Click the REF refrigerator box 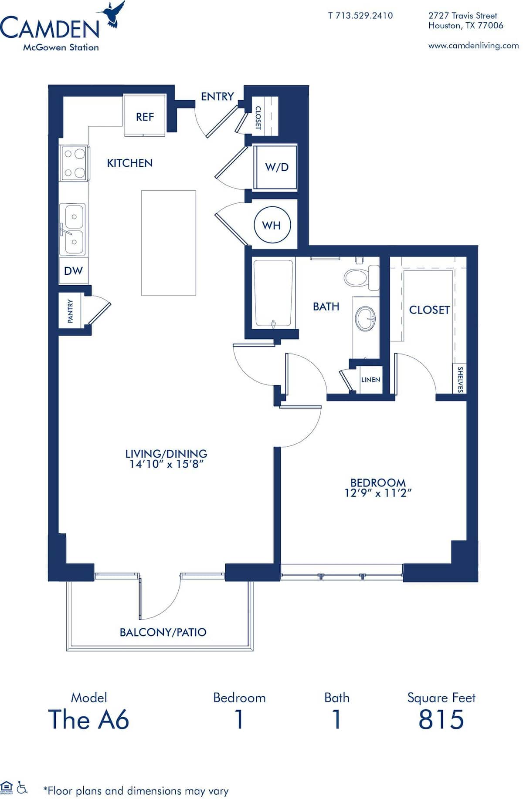pos(145,116)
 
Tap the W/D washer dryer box pos(276,167)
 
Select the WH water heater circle pos(271,225)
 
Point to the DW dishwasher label pos(73,271)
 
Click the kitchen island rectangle pos(168,243)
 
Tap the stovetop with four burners pos(74,163)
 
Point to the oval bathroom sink pos(365,318)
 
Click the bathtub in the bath pos(273,293)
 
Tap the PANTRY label pos(70,311)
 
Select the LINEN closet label pos(370,380)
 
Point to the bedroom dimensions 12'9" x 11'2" pos(378,493)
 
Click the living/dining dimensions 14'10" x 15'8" pos(166,464)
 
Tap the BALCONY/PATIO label pos(163,632)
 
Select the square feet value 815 pos(441,719)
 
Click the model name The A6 pos(88,719)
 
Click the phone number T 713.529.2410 pos(360,16)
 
